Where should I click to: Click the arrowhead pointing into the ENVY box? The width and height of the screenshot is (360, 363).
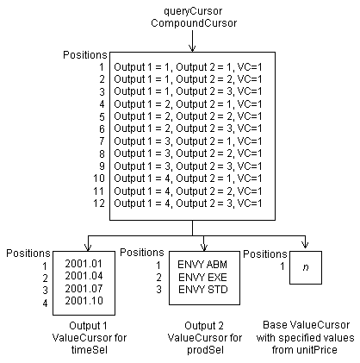pyautogui.click(x=203, y=247)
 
